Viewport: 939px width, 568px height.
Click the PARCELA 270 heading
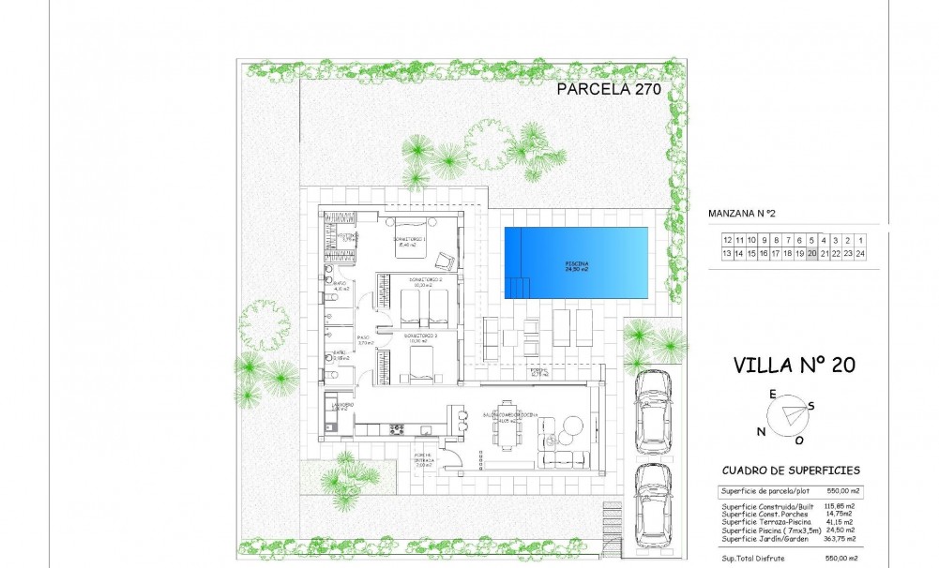610,90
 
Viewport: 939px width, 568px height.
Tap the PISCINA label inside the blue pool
576,266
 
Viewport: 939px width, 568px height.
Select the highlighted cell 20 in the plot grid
811,253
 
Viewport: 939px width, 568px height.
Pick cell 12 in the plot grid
727,240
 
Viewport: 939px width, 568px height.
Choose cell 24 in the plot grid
859,253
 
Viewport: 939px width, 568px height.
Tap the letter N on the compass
761,431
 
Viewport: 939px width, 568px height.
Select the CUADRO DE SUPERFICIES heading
791,471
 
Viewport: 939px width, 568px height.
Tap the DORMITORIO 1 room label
410,239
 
